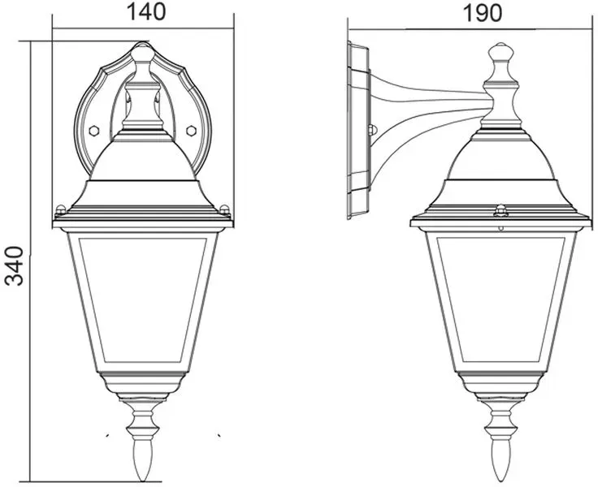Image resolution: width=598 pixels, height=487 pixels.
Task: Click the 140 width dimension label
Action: point(146,12)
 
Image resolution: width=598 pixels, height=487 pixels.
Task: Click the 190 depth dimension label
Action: point(482,14)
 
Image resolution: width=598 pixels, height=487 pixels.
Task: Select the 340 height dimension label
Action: point(14,265)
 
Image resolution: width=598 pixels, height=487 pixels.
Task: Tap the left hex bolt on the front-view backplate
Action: point(93,131)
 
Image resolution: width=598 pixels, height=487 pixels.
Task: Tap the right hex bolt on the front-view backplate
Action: point(191,131)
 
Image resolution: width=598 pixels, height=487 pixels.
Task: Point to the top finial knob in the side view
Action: point(500,52)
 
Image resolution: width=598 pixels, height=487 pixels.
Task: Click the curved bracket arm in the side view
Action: point(427,114)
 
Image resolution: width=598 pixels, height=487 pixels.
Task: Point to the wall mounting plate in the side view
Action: point(357,131)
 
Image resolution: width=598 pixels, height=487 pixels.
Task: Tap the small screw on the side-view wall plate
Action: point(372,130)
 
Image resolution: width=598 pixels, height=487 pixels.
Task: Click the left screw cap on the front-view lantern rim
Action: point(60,209)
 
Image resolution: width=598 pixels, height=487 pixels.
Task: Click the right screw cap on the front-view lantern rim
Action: point(225,209)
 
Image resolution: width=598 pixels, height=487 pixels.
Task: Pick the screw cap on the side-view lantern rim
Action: point(500,211)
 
